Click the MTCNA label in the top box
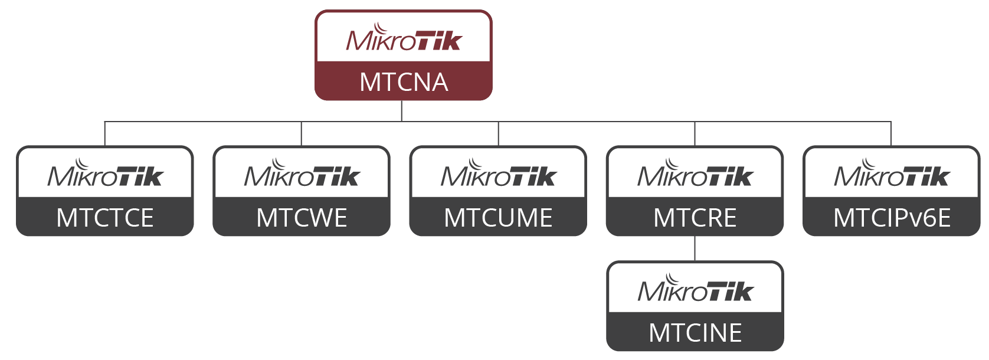click(x=404, y=82)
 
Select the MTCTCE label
click(x=105, y=218)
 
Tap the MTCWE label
click(x=302, y=218)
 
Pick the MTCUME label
click(x=498, y=218)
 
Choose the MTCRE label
click(x=695, y=218)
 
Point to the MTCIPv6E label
click(x=892, y=218)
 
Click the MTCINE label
click(x=695, y=333)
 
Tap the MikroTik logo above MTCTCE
click(x=105, y=174)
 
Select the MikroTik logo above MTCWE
click(x=302, y=174)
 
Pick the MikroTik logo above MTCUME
click(x=498, y=174)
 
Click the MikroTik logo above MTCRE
click(x=695, y=174)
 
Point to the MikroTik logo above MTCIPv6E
click(x=892, y=174)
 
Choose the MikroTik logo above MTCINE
click(x=695, y=289)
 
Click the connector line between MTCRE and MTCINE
click(x=695, y=248)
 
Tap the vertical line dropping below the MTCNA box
click(x=402, y=111)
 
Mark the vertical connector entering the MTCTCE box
click(x=104, y=134)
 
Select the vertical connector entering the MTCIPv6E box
click(x=891, y=134)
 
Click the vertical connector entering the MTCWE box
click(x=301, y=134)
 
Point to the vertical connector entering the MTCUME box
click(x=498, y=134)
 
